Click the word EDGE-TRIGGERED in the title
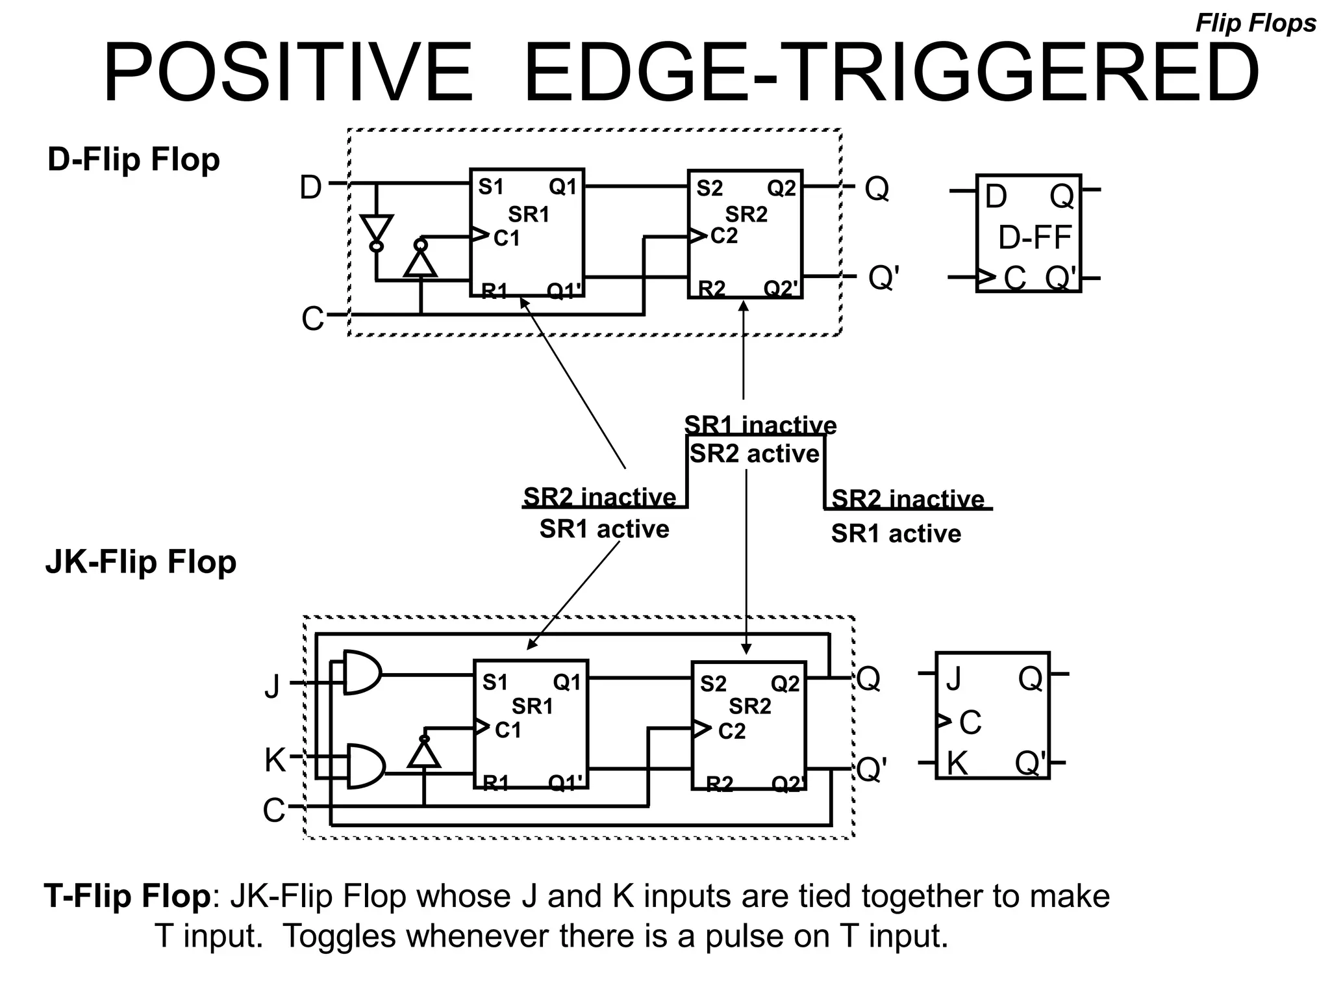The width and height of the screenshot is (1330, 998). click(891, 73)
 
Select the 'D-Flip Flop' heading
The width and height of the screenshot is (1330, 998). click(134, 160)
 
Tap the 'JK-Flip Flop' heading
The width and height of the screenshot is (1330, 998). click(141, 562)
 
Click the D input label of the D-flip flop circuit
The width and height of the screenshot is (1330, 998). click(310, 188)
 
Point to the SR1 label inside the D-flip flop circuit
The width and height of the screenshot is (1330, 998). click(528, 214)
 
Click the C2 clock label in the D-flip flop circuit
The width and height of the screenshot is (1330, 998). click(724, 236)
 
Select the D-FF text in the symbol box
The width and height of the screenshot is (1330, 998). click(1034, 238)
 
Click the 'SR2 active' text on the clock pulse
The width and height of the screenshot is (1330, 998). click(754, 454)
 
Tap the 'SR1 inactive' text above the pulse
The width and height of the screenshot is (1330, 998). click(760, 425)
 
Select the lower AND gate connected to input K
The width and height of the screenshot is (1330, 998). click(365, 767)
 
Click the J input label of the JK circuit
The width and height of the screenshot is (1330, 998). click(273, 685)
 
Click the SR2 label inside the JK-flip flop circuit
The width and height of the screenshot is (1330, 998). click(749, 706)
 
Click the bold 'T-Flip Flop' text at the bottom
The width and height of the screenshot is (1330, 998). click(127, 896)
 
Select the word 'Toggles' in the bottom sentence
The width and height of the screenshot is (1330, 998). click(339, 936)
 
